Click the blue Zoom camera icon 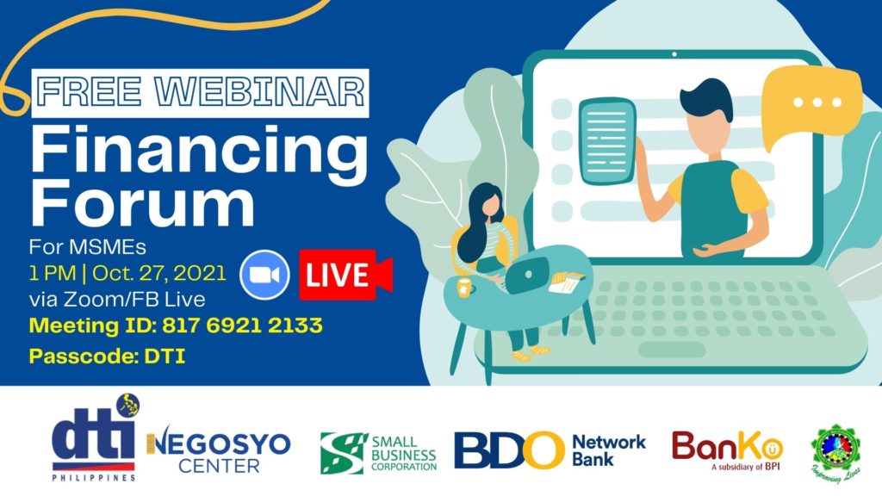point(264,275)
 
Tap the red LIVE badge point(345,276)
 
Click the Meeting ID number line point(176,326)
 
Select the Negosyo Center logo point(220,452)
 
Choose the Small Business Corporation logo point(378,453)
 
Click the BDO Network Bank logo point(550,450)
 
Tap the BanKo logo point(727,449)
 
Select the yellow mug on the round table point(464,286)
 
